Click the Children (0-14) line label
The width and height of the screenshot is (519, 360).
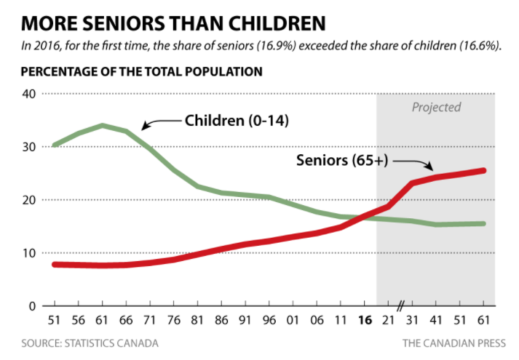coord(237,120)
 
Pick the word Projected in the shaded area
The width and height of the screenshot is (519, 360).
coord(437,107)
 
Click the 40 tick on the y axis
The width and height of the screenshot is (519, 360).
coord(29,94)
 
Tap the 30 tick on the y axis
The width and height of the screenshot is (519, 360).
coord(29,147)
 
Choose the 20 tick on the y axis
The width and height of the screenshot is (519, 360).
coord(29,200)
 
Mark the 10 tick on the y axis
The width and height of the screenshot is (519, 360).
coord(29,253)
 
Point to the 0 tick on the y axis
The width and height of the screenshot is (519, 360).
coord(32,306)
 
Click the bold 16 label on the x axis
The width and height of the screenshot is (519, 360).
coord(367,320)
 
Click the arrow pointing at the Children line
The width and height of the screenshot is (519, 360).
coord(159,123)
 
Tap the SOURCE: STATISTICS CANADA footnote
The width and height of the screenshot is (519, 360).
coord(90,343)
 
